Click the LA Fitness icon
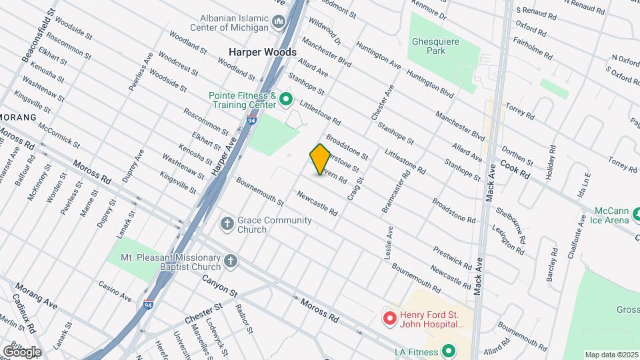[449, 351]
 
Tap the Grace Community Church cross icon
[227, 224]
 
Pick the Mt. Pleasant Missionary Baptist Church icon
[231, 261]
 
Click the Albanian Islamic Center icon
[279, 24]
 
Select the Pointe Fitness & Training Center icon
[286, 101]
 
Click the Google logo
[21, 351]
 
